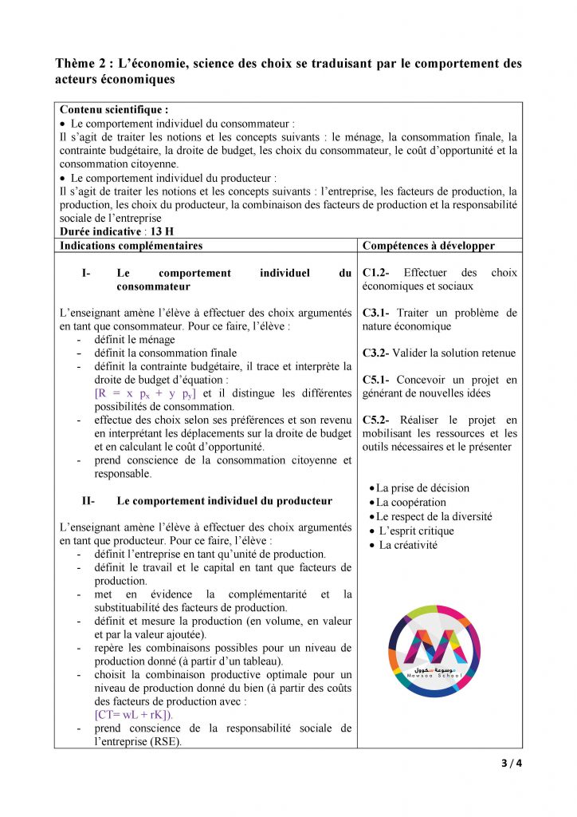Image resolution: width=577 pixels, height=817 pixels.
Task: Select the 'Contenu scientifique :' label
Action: tap(114, 110)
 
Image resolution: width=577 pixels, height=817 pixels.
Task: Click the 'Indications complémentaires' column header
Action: tap(131, 246)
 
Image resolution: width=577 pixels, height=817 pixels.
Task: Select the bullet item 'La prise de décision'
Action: tap(422, 487)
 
